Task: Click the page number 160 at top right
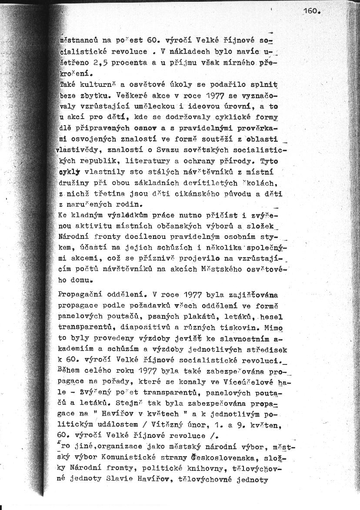312,12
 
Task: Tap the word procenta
128,63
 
